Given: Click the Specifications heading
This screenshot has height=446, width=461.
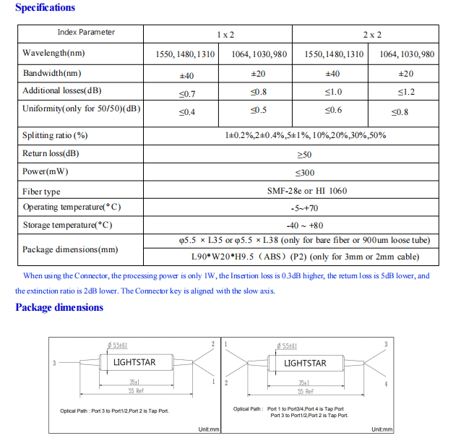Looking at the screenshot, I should click(x=45, y=8).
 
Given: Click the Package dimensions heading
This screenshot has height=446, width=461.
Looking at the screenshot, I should click(x=59, y=308).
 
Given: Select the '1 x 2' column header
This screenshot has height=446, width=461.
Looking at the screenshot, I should click(x=225, y=34).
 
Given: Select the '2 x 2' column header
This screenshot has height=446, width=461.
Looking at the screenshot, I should click(x=372, y=34).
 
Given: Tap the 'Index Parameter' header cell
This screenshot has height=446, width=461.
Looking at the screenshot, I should click(x=86, y=33).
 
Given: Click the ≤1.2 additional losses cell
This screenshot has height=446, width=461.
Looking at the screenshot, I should click(x=406, y=93).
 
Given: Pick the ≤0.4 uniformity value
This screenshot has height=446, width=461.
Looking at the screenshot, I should click(x=186, y=112).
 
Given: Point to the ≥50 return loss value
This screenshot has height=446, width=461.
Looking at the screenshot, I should click(x=304, y=154).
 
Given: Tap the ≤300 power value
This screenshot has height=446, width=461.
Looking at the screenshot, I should click(x=304, y=173).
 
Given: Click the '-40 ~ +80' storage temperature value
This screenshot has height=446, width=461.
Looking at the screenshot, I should click(x=305, y=225).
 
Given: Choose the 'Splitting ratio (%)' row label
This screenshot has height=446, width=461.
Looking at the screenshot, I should click(x=55, y=135).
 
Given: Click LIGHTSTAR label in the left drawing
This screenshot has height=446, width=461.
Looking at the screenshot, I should click(x=134, y=362).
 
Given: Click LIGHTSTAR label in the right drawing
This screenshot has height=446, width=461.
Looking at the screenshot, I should click(x=305, y=363).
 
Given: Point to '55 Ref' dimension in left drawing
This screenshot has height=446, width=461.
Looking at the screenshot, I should click(x=136, y=391).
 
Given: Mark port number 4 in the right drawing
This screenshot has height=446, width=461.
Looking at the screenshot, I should click(x=386, y=384).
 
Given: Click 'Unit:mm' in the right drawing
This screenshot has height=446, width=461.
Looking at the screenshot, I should click(x=382, y=429).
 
